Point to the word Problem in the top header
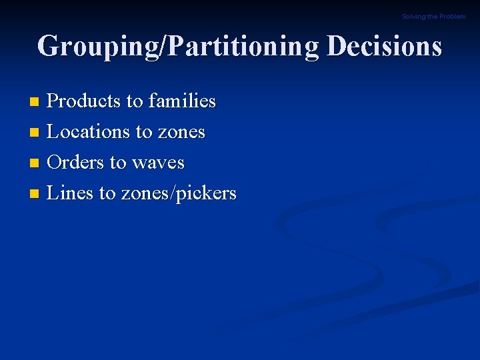coord(453,17)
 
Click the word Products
coord(85,101)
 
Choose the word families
coord(182,101)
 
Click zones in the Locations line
coord(181,132)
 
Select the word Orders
coord(77,163)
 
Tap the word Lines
coord(71,193)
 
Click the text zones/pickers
coord(179,193)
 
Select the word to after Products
coord(135,101)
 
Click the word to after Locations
coord(144,132)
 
